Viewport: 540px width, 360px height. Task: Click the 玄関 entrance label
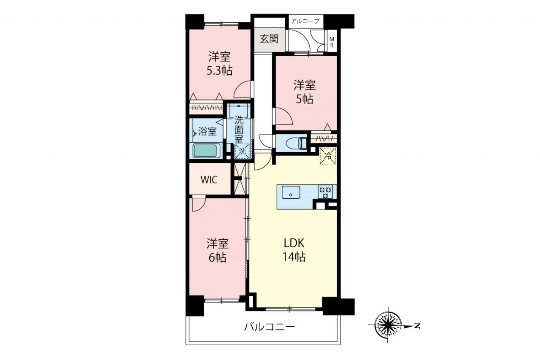point(269,38)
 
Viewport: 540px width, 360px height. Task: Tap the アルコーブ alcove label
point(305,21)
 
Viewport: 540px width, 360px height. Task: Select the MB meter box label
point(332,42)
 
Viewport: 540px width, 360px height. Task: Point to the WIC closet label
point(209,180)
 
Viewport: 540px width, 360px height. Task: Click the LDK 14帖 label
point(294,250)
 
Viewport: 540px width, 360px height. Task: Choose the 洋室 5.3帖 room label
point(219,64)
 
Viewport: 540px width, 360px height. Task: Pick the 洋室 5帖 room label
point(305,92)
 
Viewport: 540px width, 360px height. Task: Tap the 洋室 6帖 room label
point(217,251)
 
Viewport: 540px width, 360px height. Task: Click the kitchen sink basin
point(291,192)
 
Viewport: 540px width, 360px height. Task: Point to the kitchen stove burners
point(325,192)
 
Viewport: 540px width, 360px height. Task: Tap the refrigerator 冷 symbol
point(328,156)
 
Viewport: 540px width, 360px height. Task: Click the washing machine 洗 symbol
point(242,151)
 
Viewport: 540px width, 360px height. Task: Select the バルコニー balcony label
point(269,327)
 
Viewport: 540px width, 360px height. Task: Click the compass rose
point(388,325)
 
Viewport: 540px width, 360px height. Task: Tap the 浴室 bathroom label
point(207,132)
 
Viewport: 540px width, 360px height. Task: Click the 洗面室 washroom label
point(239,130)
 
